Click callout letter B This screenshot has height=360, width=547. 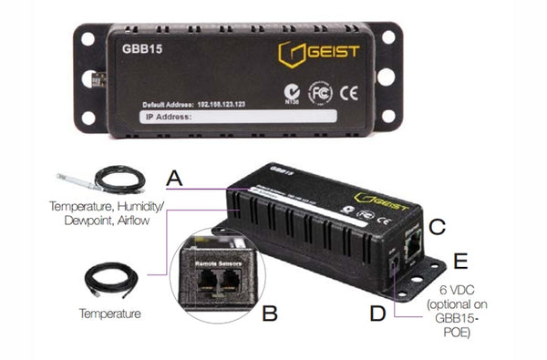[271, 315]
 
